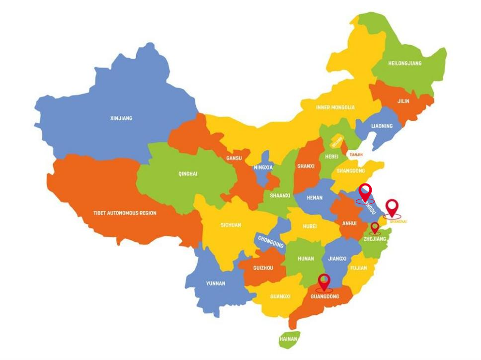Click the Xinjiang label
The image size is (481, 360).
121,118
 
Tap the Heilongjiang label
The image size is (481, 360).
404,63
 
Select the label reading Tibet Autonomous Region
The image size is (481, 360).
125,213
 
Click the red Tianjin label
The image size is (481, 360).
356,155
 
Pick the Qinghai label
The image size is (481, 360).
188,174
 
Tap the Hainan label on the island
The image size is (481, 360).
288,340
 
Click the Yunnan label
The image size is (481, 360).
216,283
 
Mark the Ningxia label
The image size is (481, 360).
263,168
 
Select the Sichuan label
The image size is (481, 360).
231,225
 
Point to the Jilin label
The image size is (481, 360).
403,101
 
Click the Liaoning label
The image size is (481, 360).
382,126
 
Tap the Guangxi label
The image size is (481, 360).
280,297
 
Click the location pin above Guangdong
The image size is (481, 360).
324,281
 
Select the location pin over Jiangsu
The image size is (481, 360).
365,192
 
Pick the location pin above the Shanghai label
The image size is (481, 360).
392,207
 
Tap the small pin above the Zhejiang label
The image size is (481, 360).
375,228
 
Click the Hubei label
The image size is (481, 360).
309,226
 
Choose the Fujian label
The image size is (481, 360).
358,268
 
